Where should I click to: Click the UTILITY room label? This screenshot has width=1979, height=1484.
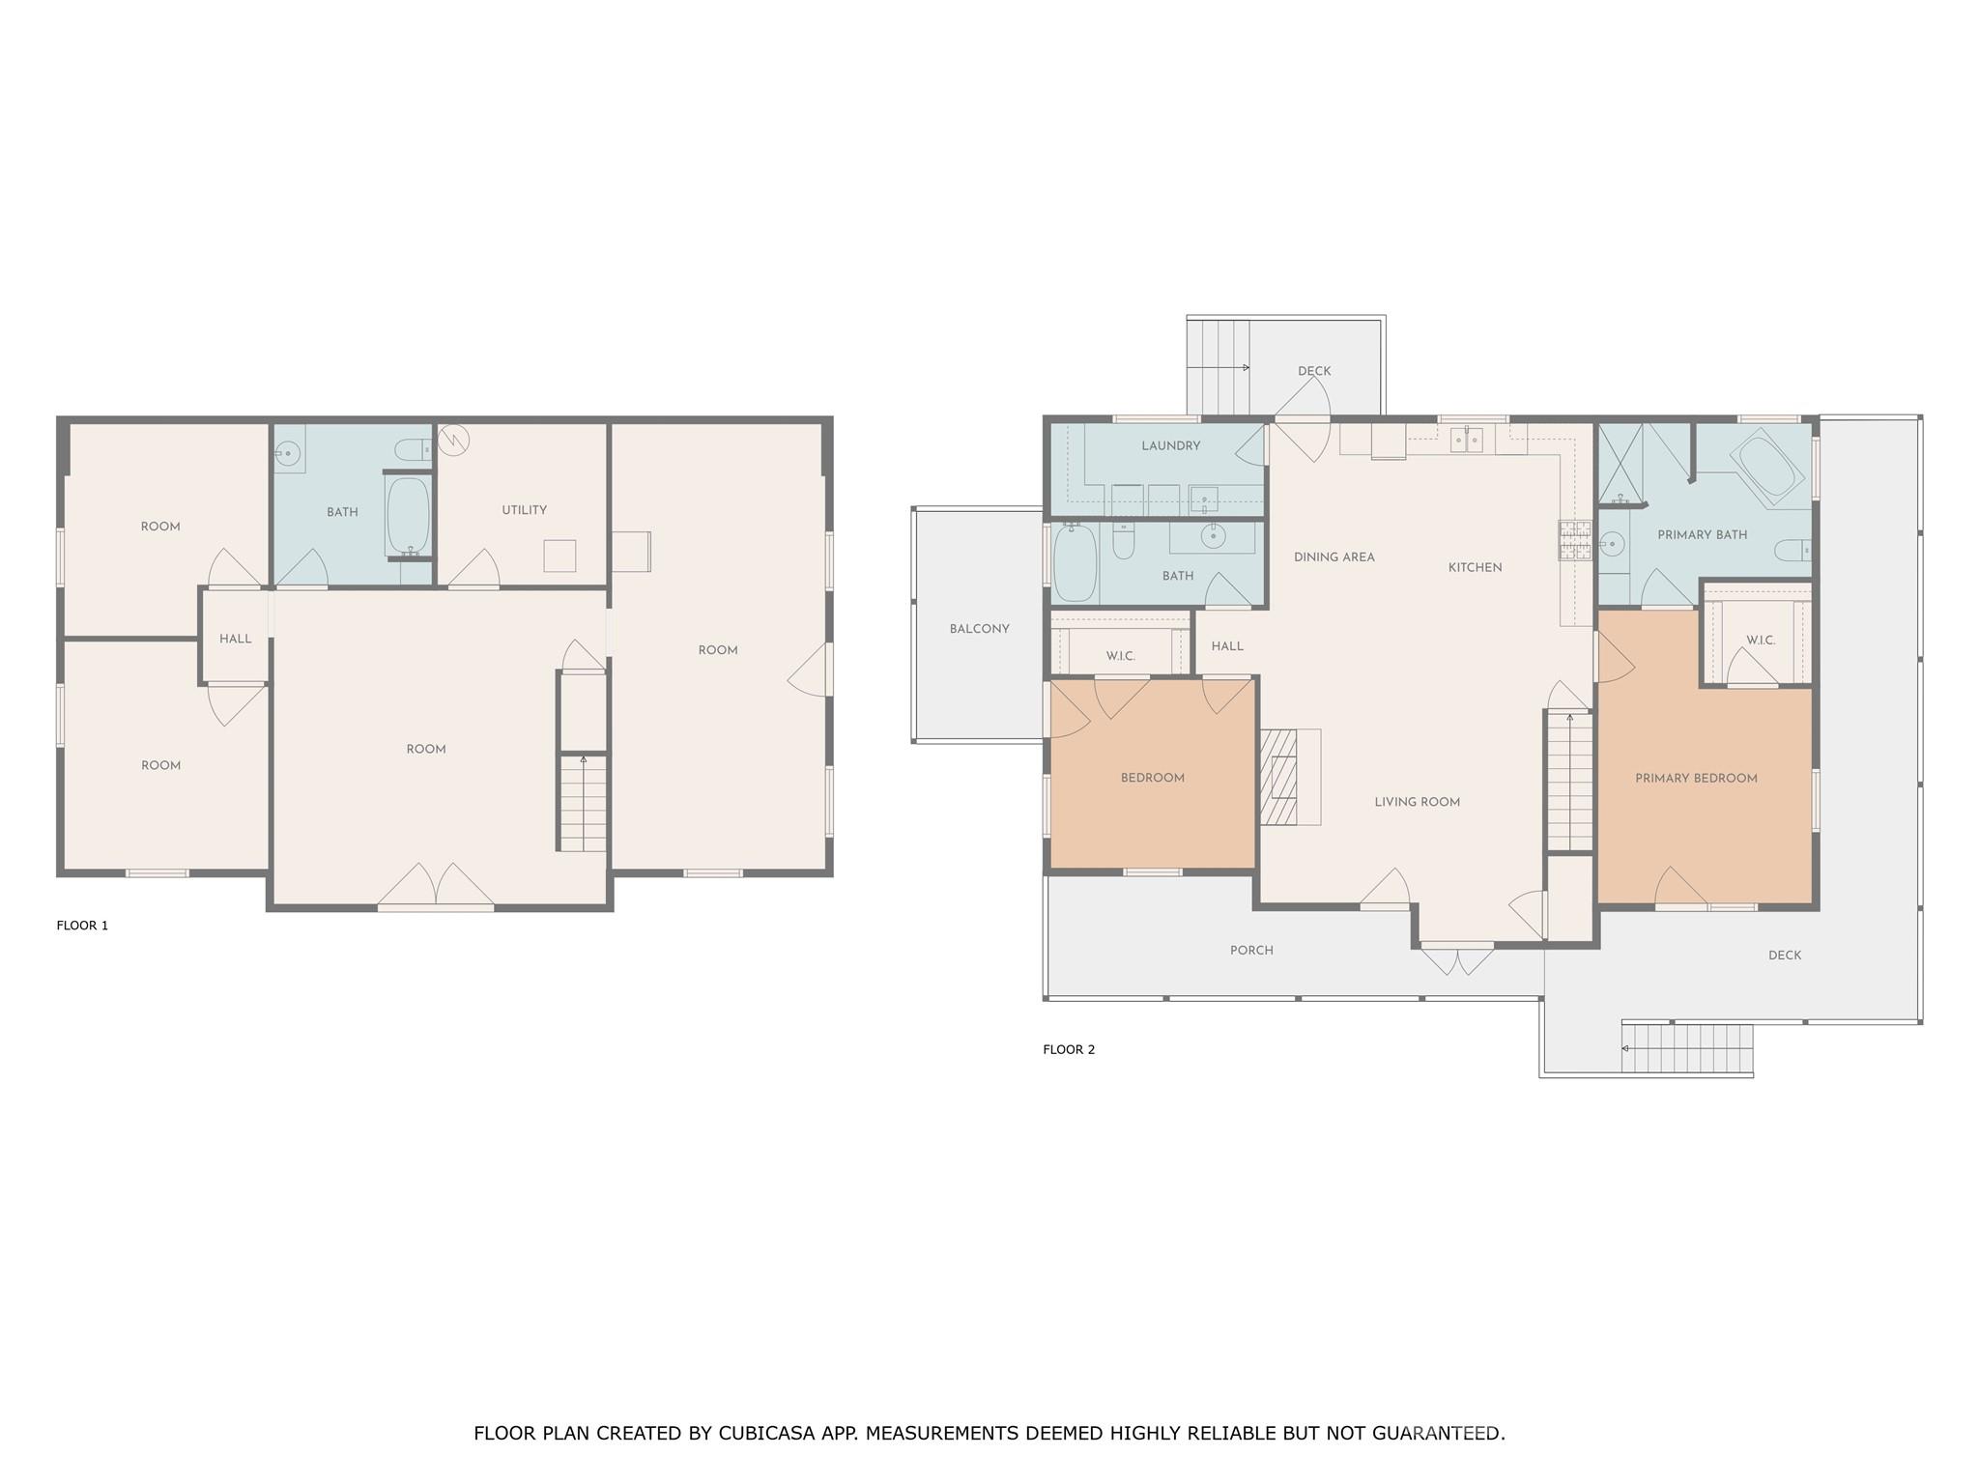[524, 510]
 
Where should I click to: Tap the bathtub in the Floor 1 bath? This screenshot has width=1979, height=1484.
[408, 515]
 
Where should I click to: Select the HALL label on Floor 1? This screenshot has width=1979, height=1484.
[235, 639]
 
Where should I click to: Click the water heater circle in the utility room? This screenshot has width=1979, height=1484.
[453, 441]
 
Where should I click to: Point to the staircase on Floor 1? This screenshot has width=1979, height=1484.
[584, 803]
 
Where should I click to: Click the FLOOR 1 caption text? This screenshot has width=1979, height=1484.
[82, 926]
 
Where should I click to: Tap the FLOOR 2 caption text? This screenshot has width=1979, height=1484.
[1069, 1049]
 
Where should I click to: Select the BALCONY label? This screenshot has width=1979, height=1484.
[979, 629]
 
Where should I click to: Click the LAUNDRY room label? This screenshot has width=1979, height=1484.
[1170, 446]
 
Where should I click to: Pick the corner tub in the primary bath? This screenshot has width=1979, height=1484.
[1766, 468]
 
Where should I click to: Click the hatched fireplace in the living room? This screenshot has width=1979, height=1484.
[1278, 777]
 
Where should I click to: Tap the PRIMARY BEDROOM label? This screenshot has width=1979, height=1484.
[1696, 779]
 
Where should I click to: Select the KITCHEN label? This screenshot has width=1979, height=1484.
[1475, 568]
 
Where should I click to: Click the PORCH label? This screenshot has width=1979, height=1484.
[1251, 951]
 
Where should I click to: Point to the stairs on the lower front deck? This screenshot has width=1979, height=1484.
[1686, 1049]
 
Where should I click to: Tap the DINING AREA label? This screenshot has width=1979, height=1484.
[1334, 557]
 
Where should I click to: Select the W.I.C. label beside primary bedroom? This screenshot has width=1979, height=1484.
[1761, 641]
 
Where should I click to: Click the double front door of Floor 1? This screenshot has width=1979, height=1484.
[436, 886]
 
